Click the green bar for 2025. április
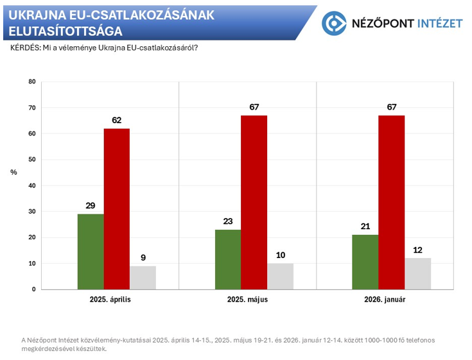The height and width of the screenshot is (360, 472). click(91, 252)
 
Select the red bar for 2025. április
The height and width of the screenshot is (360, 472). click(117, 209)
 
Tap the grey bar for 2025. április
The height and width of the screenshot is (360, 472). click(143, 278)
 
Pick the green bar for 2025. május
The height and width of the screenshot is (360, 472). click(228, 259)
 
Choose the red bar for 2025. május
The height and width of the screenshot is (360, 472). click(254, 203)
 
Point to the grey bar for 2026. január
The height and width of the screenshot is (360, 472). click(417, 274)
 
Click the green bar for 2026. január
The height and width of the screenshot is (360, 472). click(365, 262)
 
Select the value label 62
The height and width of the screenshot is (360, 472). click(117, 120)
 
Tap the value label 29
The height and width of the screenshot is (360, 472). click(91, 205)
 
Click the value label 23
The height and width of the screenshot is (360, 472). click(228, 221)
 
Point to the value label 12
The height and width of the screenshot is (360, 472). click(417, 250)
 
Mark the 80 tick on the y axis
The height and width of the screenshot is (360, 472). click(32, 82)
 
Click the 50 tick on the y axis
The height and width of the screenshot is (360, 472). click(32, 160)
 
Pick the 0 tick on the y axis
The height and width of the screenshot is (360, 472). click(34, 289)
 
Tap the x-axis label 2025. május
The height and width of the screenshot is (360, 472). click(247, 300)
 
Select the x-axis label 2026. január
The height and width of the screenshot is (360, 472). click(385, 300)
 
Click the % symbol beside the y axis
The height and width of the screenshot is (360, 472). click(13, 173)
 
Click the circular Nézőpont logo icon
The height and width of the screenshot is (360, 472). click(334, 23)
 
